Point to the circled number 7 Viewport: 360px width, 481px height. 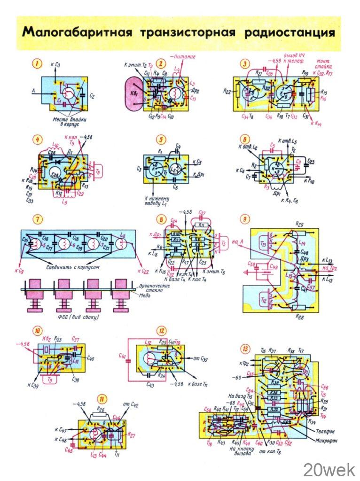point(36,219)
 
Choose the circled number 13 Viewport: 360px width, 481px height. point(245,349)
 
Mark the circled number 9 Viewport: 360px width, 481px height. point(244,218)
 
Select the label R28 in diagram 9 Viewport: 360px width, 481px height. point(299,318)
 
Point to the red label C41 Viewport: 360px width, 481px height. point(123,355)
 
